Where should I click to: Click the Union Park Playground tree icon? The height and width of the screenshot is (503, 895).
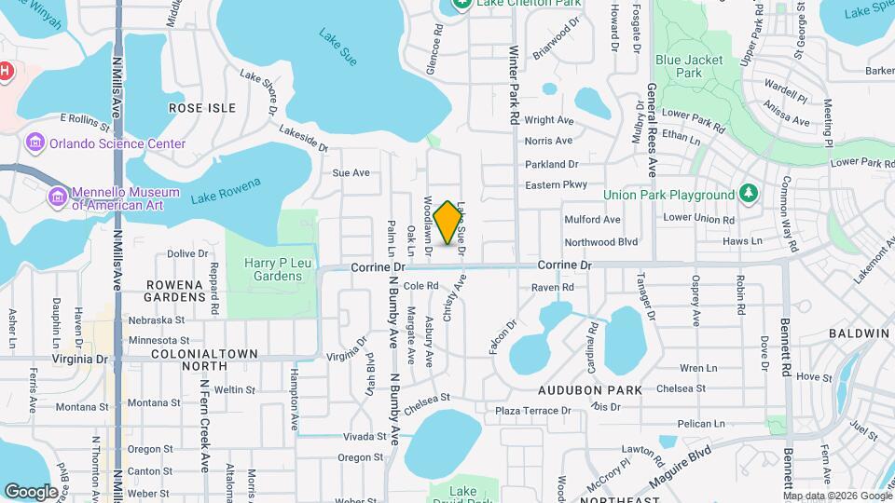(747, 194)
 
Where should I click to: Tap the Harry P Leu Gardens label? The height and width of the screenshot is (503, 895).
(273, 269)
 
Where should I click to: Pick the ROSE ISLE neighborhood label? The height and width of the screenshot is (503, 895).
(202, 108)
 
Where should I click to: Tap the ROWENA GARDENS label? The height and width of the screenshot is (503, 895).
(175, 290)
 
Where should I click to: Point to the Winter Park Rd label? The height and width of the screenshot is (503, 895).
(514, 86)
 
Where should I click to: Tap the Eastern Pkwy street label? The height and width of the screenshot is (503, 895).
(556, 184)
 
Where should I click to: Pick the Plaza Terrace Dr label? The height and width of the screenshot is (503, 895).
(533, 411)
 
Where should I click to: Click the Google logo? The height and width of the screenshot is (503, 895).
(31, 492)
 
